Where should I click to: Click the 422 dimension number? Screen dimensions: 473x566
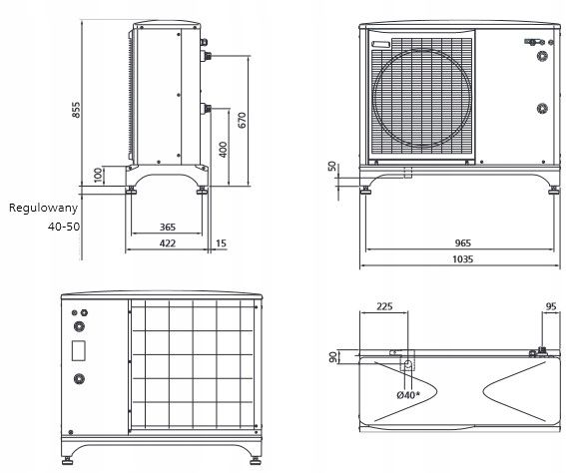pyautogui.click(x=168, y=242)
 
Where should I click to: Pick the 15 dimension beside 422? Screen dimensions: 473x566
pyautogui.click(x=221, y=242)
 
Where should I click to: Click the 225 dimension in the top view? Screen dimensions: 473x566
pyautogui.click(x=384, y=307)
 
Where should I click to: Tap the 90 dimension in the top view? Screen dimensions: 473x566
pyautogui.click(x=332, y=357)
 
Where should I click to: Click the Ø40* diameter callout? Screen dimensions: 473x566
pyautogui.click(x=407, y=395)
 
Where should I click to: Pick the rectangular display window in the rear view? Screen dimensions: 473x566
pyautogui.click(x=79, y=352)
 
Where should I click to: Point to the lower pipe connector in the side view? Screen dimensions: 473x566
pyautogui.click(x=206, y=107)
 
